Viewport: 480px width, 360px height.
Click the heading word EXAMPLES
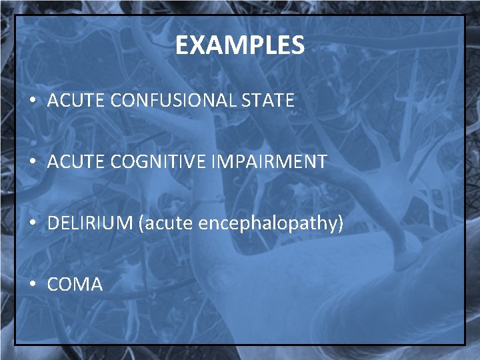pos(240,46)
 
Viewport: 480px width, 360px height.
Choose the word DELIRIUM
pos(90,223)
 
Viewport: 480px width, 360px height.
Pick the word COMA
pos(75,285)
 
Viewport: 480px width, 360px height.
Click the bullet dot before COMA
pos(33,285)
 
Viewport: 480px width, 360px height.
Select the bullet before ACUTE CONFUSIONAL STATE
pos(33,101)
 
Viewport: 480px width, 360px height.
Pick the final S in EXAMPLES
pos(298,46)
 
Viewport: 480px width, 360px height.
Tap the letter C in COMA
pos(53,285)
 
